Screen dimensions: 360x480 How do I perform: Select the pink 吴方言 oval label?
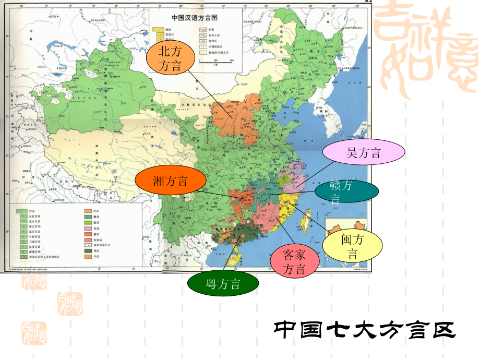364,152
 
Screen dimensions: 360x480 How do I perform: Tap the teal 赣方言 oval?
347,192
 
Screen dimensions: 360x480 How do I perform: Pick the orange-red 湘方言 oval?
170,181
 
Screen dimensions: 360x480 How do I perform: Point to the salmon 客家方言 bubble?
294,261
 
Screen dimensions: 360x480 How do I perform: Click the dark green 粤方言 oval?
223,284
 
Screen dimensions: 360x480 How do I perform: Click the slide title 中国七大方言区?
365,330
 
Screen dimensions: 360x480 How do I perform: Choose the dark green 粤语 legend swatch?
89,250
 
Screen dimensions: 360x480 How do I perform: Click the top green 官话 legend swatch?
22,211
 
